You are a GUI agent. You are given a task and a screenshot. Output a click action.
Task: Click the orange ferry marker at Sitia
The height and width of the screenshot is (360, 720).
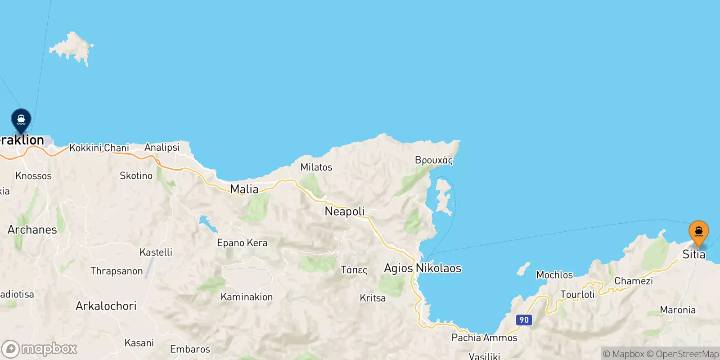[698, 232]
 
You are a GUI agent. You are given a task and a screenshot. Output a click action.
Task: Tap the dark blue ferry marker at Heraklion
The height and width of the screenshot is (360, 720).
[21, 120]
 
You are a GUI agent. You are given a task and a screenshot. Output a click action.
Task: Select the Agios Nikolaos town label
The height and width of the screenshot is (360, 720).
[423, 268]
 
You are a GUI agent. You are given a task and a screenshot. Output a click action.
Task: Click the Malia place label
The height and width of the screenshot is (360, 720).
[244, 189]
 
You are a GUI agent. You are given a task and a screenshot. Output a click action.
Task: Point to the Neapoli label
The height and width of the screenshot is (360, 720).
[345, 211]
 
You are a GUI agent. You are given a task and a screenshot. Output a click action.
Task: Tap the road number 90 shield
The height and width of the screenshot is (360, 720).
[524, 320]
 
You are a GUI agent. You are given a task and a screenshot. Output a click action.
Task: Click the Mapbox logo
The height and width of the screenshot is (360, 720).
[40, 349]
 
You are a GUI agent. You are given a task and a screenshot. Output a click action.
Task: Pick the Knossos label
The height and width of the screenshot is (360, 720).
[33, 176]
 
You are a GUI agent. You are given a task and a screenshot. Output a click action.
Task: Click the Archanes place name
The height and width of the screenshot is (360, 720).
[32, 230]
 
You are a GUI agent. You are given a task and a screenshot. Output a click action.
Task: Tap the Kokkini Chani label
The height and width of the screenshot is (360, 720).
[99, 148]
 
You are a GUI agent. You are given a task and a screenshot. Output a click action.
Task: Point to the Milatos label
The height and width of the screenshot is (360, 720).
[316, 167]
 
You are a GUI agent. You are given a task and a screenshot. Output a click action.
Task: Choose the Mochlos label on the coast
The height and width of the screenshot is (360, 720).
[554, 275]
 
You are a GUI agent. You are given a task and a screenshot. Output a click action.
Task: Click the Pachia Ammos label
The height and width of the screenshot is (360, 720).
[484, 338]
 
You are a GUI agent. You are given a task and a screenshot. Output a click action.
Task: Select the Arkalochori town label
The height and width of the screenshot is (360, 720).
[106, 306]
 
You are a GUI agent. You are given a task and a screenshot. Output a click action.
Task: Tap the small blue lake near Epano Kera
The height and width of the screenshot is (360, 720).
[207, 223]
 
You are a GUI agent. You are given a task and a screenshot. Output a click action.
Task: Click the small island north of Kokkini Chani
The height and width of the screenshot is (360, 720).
[72, 48]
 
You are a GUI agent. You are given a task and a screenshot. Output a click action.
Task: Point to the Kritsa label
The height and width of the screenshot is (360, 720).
[373, 298]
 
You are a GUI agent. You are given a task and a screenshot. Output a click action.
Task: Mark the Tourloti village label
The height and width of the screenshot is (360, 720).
[577, 295]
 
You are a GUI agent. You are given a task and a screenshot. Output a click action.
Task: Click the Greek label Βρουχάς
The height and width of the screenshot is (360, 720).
[434, 160]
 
